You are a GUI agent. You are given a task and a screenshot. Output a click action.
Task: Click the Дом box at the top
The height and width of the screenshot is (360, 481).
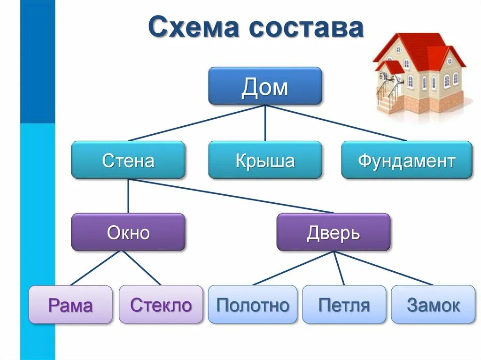[x=265, y=86]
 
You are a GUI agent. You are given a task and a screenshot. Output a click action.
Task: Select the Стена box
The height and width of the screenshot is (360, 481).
[x=128, y=160]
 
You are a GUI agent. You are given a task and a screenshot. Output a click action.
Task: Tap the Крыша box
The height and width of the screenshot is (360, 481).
[x=265, y=160]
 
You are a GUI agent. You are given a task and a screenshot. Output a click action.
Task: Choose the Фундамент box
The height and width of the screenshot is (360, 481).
[x=406, y=160]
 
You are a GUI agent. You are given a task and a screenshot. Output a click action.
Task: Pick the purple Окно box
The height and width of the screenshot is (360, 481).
[x=128, y=232]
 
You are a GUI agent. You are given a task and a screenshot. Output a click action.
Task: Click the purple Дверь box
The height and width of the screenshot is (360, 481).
[x=333, y=232]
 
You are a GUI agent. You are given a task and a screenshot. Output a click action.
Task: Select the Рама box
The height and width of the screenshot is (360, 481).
[x=70, y=305]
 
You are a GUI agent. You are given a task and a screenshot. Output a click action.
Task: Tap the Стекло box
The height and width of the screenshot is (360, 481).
[x=161, y=305]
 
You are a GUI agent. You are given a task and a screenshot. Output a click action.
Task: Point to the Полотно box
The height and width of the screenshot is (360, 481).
[x=253, y=305]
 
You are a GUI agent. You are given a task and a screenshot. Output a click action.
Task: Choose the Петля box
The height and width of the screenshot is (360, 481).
[x=344, y=305]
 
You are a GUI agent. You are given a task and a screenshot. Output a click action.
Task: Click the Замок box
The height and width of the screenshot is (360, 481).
[x=433, y=305]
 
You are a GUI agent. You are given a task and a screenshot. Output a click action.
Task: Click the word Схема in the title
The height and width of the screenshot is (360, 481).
[x=194, y=28]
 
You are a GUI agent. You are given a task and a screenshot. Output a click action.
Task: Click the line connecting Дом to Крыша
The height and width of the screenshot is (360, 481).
[x=265, y=123]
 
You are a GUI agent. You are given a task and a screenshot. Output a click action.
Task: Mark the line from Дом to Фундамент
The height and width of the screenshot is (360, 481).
[x=336, y=123]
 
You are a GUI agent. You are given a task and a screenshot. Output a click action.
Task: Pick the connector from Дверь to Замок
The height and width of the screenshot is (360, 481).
[x=383, y=268]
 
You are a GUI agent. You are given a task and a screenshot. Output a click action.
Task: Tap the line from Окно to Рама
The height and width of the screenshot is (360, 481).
[x=97, y=268]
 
